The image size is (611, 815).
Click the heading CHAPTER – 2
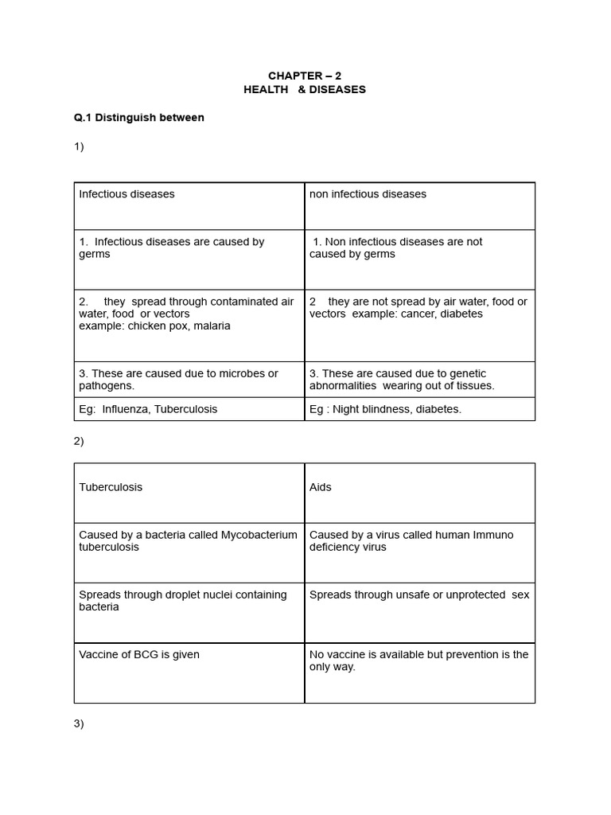click(305, 76)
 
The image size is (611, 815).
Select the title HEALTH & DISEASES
click(305, 89)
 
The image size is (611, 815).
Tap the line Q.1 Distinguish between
click(139, 118)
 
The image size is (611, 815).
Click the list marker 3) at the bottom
click(79, 723)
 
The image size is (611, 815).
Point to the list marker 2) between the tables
click(79, 441)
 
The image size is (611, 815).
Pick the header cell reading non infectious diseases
click(368, 194)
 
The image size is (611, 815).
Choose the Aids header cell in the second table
click(321, 487)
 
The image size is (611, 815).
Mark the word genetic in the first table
click(468, 374)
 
